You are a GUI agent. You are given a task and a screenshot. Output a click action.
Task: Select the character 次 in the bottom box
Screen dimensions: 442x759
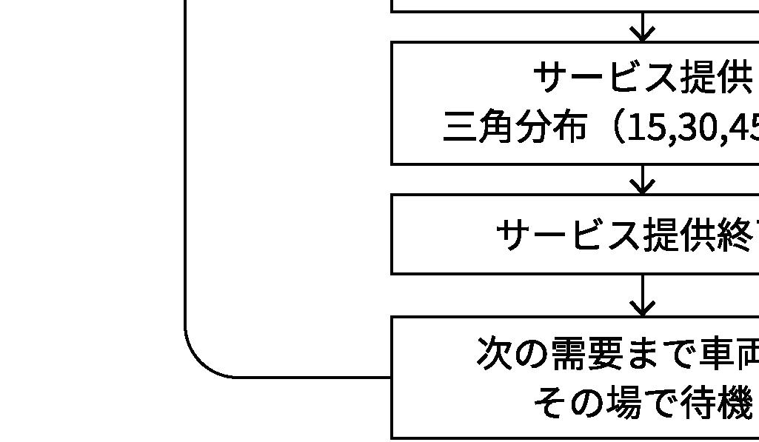tap(494, 353)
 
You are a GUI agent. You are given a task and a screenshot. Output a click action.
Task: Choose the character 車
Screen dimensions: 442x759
tap(716, 353)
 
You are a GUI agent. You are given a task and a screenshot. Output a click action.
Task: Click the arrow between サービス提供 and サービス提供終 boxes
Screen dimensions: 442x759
tap(643, 180)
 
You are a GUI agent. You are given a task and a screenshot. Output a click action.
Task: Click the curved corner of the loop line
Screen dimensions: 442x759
tap(200, 363)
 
